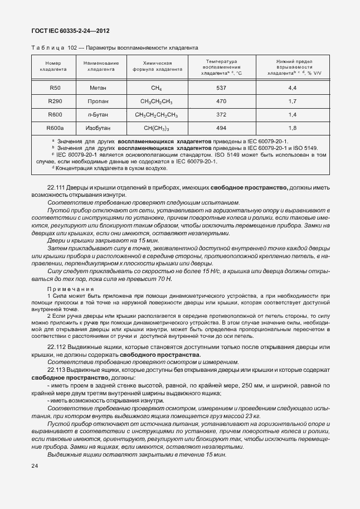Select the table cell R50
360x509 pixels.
pyautogui.click(x=55, y=88)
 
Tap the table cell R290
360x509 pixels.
pyautogui.click(x=55, y=101)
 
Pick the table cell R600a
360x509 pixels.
pyautogui.click(x=55, y=128)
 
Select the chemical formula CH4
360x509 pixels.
pyautogui.click(x=156, y=88)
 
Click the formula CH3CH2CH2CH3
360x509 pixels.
pyautogui.click(x=156, y=115)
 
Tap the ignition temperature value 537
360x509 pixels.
pyautogui.click(x=221, y=88)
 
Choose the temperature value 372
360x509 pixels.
pyautogui.click(x=221, y=115)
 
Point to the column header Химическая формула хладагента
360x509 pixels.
pyautogui.click(x=157, y=66)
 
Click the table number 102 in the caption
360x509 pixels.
pyautogui.click(x=72, y=48)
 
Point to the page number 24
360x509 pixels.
pyautogui.click(x=35, y=465)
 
